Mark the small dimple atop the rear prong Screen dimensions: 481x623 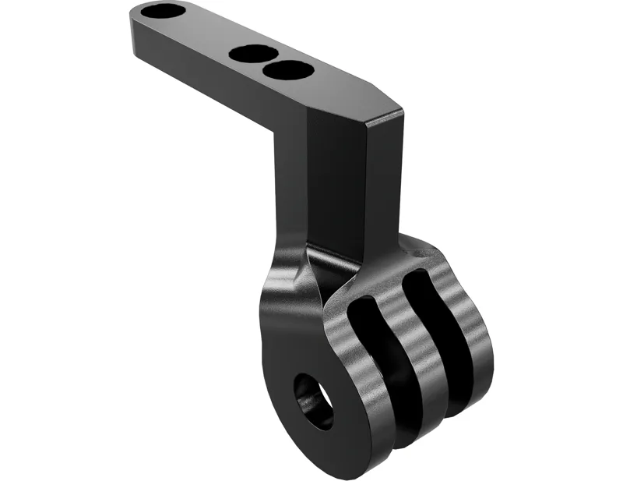tap(423, 253)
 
